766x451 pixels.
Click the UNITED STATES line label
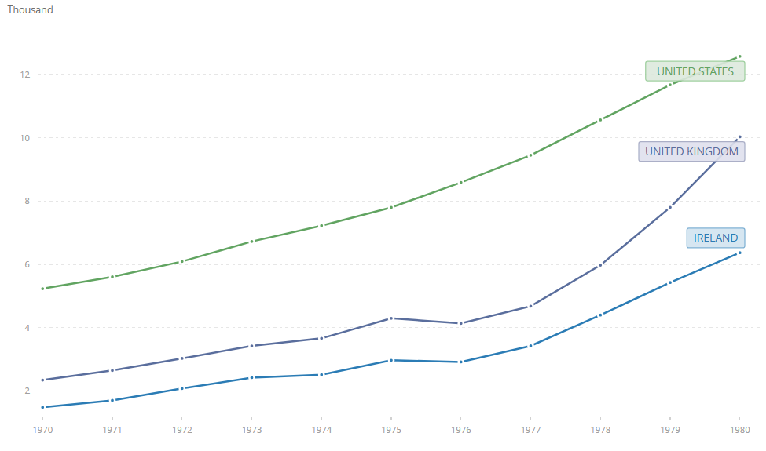(x=695, y=71)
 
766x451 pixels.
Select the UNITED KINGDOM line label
(x=691, y=151)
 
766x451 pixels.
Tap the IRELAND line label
(x=715, y=238)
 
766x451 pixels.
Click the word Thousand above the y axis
(x=30, y=10)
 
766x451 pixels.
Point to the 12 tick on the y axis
(x=25, y=75)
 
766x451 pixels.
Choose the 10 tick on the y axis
(x=25, y=138)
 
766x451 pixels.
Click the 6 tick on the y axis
(x=26, y=264)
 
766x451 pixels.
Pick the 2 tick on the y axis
(x=26, y=391)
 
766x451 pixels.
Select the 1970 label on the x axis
(x=42, y=430)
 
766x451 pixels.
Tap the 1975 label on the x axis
(x=390, y=430)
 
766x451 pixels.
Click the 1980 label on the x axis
(x=739, y=430)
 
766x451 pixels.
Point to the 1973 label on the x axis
(x=251, y=430)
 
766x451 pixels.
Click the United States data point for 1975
(x=390, y=207)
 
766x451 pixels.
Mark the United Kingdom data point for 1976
(x=460, y=323)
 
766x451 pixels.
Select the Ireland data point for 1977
(x=530, y=346)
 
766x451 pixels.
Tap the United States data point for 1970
(x=42, y=289)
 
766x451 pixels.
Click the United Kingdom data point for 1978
(x=600, y=265)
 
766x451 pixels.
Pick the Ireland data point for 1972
(x=181, y=388)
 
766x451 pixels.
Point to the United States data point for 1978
(x=600, y=120)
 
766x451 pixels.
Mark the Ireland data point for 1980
(x=739, y=253)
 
